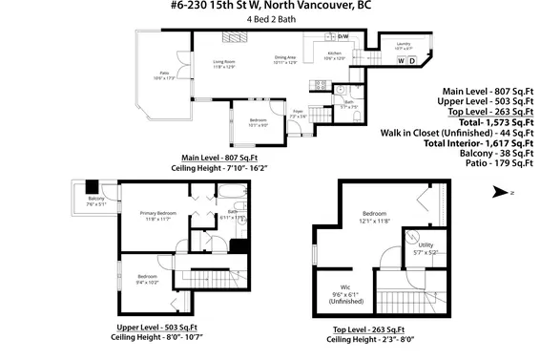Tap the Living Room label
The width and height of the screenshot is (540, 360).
[223, 65]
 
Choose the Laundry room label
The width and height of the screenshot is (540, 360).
[403, 44]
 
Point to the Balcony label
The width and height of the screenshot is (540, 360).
[95, 201]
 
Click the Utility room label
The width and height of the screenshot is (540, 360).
[426, 247]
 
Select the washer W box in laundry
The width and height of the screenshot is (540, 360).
[402, 62]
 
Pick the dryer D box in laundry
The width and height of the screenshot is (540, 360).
[413, 62]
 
